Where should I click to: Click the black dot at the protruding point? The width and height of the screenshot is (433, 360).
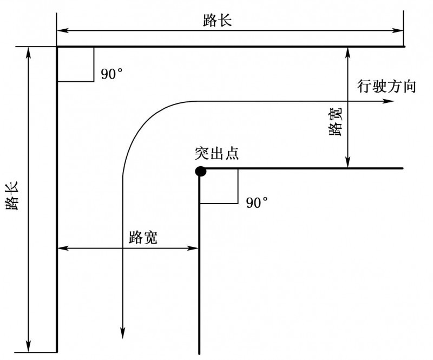point(200,172)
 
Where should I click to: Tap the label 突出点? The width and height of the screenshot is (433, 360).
point(216,153)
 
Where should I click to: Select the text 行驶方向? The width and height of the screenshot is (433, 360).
point(386,86)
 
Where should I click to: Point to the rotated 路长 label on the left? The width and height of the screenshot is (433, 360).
point(12,195)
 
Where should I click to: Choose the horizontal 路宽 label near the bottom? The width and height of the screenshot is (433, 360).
point(143,237)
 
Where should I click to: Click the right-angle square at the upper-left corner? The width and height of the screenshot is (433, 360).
point(76,64)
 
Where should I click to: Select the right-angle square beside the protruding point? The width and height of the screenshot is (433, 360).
point(219,186)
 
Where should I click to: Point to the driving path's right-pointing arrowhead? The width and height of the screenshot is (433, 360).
point(389,101)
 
